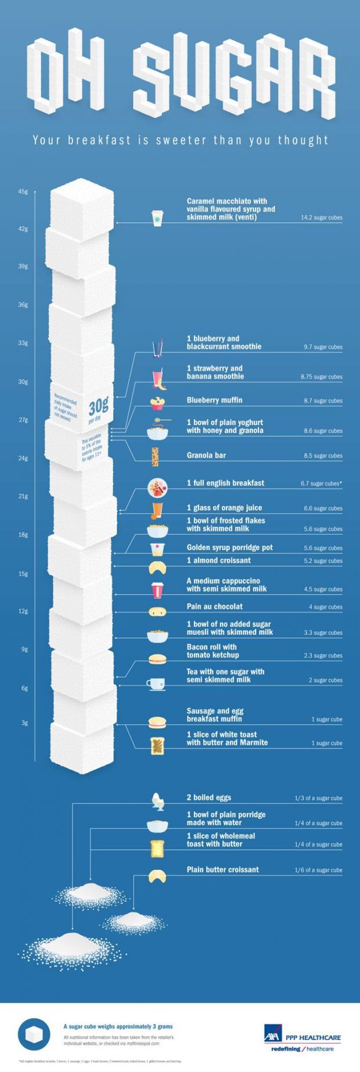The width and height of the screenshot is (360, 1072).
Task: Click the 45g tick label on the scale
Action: tap(23, 192)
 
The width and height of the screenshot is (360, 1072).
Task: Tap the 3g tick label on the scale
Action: tap(24, 723)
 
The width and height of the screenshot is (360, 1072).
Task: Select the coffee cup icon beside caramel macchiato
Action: tap(157, 218)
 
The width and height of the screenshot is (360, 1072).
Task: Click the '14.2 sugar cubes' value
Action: tap(321, 218)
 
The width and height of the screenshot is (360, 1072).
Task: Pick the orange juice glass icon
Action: tap(157, 509)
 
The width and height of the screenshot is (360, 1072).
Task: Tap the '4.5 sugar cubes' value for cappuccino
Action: tap(323, 589)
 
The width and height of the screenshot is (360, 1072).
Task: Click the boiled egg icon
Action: tap(156, 800)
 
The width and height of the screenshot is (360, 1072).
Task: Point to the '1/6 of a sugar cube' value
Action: tap(318, 870)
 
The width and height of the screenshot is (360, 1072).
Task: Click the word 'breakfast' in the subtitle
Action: tap(98, 140)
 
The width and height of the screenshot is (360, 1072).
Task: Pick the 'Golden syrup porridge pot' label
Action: tap(229, 547)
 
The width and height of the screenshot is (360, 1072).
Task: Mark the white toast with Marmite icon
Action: tap(157, 746)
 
